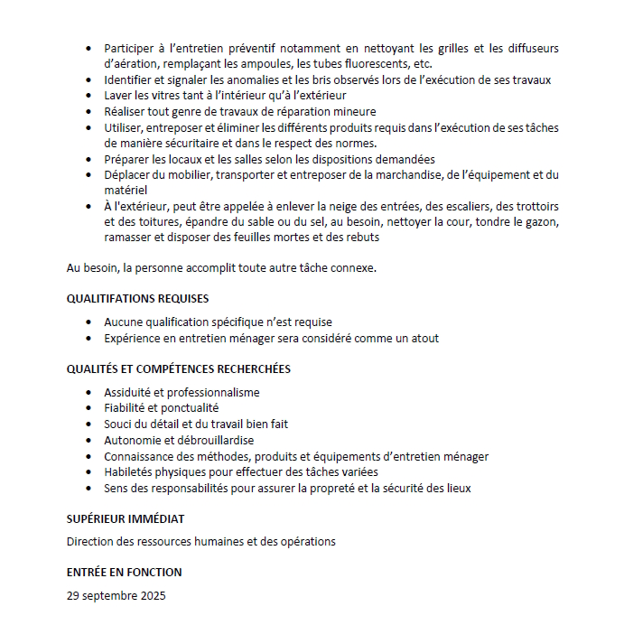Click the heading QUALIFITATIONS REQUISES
pyautogui.click(x=137, y=298)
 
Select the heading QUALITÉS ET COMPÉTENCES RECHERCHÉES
pyautogui.click(x=178, y=368)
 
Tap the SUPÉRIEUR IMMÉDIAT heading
pyautogui.click(x=125, y=518)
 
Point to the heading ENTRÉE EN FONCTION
pyautogui.click(x=124, y=572)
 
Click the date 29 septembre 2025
pyautogui.click(x=116, y=595)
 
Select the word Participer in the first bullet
pyautogui.click(x=130, y=48)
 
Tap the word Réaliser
pyautogui.click(x=126, y=111)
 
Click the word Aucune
pyautogui.click(x=122, y=322)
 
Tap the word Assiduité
pyautogui.click(x=128, y=392)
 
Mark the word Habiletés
pyautogui.click(x=129, y=471)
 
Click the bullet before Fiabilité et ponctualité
pyautogui.click(x=87, y=408)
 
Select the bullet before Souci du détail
pyautogui.click(x=87, y=424)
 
